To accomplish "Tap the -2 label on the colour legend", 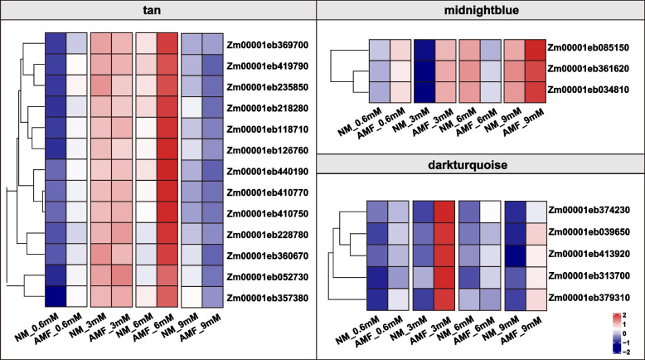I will [632, 352].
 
